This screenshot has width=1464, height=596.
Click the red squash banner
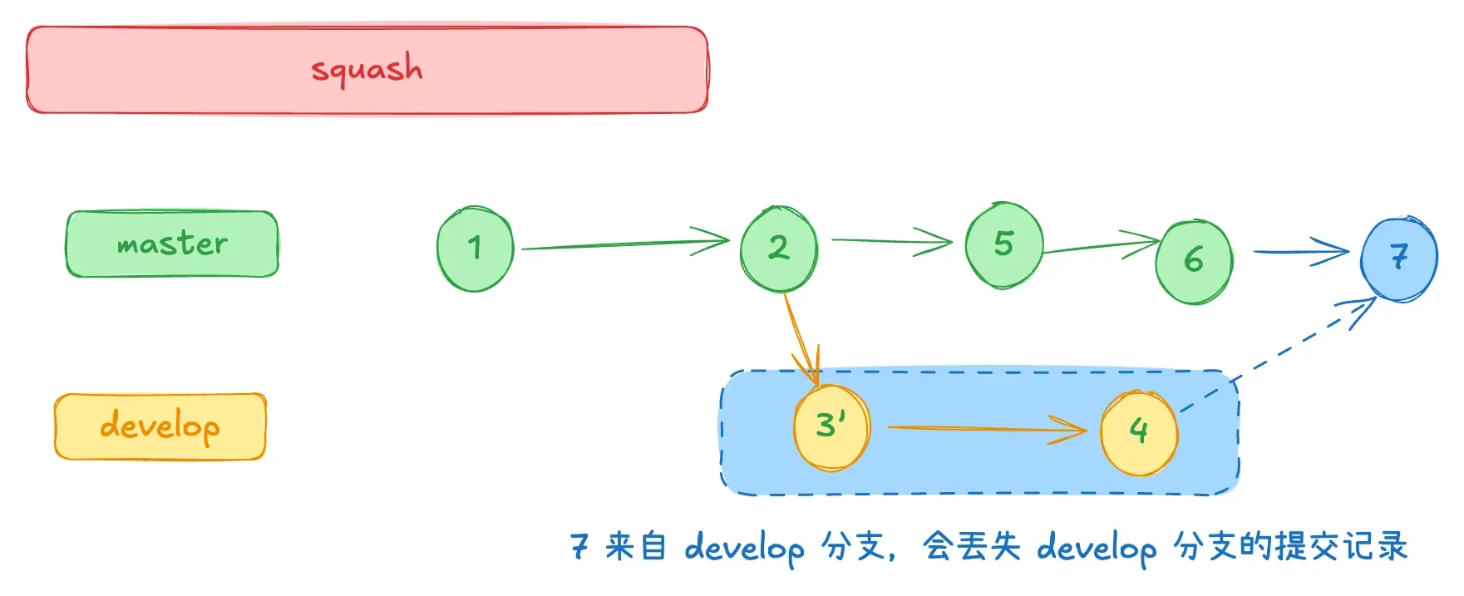tap(367, 70)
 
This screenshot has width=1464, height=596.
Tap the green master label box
tap(172, 244)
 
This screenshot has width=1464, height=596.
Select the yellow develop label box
tap(160, 426)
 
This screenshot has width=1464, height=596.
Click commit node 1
tap(475, 249)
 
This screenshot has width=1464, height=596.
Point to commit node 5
tap(1003, 245)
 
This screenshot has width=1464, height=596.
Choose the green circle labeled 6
tap(1194, 261)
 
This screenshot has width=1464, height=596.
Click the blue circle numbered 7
tap(1398, 258)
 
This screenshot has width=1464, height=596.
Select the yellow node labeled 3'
tap(831, 427)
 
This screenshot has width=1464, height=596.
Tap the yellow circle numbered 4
tap(1138, 431)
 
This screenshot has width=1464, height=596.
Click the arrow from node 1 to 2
tap(624, 244)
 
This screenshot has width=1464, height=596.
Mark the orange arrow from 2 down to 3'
tap(800, 337)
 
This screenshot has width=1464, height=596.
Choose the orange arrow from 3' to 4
tap(985, 429)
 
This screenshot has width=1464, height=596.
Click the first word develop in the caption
tap(744, 548)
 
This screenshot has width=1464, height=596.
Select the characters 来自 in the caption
tap(635, 546)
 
